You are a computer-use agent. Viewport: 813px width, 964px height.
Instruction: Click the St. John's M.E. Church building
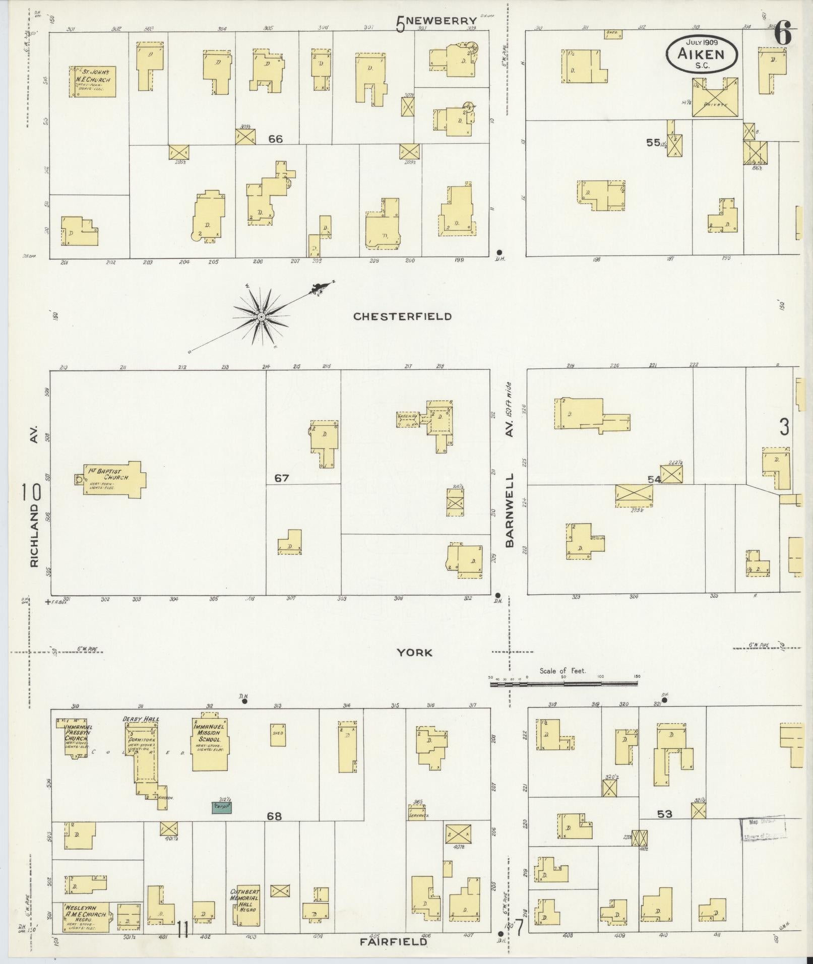click(92, 81)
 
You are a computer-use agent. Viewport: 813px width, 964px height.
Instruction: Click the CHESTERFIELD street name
click(402, 316)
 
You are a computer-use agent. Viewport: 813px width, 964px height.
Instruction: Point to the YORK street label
click(414, 653)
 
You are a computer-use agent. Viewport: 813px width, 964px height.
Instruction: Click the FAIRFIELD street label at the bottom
click(393, 941)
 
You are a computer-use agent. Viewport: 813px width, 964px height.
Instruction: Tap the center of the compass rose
click(261, 316)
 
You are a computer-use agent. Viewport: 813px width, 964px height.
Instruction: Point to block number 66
click(275, 140)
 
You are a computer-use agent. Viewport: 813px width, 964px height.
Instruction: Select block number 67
click(281, 478)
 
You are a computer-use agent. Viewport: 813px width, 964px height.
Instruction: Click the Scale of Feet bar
click(564, 683)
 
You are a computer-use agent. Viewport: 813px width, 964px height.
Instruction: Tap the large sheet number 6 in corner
click(782, 34)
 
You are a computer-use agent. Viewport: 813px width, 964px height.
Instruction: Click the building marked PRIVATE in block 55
click(715, 98)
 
